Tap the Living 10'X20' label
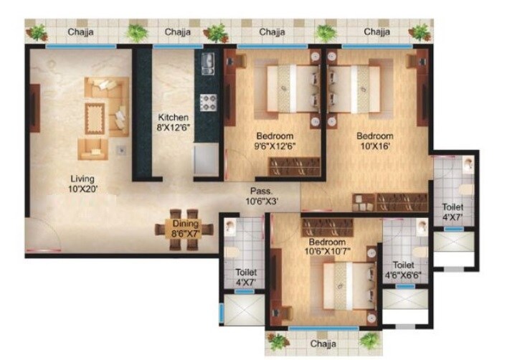[82, 184]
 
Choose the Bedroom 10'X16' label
[375, 142]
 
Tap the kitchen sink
[207, 63]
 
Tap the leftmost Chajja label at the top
[83, 32]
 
